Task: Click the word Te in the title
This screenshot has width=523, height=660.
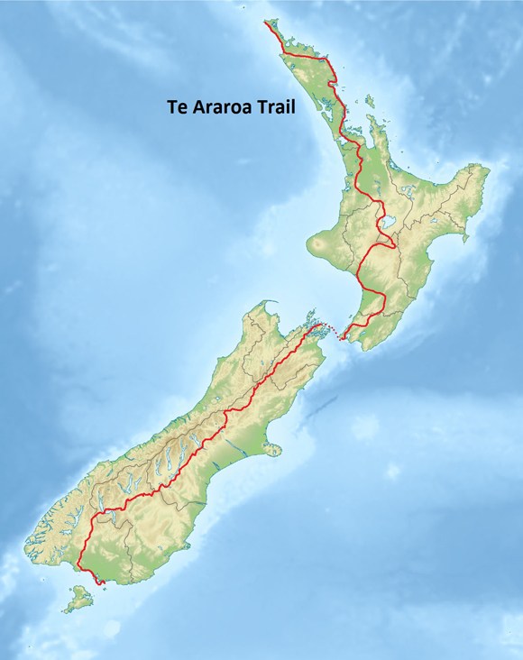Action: (177, 105)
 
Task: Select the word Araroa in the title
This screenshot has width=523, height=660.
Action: (224, 105)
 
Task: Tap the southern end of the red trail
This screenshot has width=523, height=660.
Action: (103, 583)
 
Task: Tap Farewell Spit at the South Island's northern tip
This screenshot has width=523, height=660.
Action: (271, 302)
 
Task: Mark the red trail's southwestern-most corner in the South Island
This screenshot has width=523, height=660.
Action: (79, 565)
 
